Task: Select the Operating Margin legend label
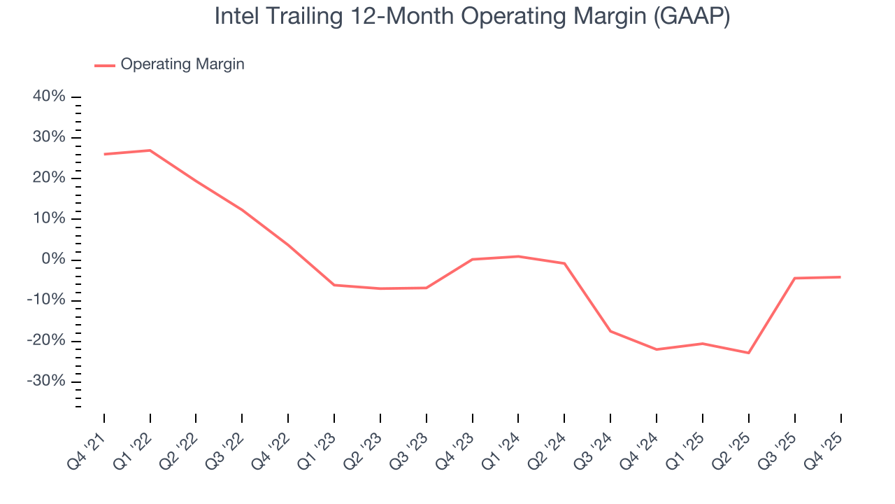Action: point(182,64)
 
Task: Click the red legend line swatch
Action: point(105,65)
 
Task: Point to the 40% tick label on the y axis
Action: point(49,97)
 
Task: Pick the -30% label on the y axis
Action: point(46,381)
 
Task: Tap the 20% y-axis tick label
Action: point(49,178)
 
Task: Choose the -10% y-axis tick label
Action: point(46,300)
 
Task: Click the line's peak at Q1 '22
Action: point(150,150)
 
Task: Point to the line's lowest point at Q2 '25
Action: point(749,353)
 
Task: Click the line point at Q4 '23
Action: point(473,260)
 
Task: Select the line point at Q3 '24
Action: point(610,331)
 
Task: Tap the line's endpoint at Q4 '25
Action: point(840,277)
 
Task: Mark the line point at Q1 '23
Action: point(334,285)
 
